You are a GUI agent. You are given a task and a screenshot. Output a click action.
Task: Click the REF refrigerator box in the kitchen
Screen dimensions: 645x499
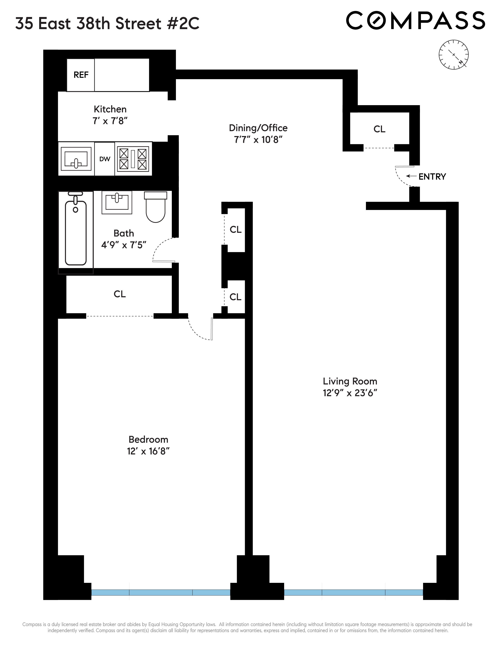coord(81,75)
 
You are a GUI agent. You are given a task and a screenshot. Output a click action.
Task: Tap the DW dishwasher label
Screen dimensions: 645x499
coord(105,159)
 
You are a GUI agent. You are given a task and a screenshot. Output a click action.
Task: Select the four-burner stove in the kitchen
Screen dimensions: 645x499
coord(133,159)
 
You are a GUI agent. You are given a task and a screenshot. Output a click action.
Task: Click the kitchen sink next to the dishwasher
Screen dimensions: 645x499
coord(76,159)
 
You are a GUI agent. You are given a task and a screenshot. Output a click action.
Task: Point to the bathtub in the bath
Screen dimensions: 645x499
coord(76,232)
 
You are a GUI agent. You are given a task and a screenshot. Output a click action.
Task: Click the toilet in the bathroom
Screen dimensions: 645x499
coord(156,207)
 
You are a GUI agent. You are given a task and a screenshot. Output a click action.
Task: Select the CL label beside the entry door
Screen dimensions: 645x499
coord(379,129)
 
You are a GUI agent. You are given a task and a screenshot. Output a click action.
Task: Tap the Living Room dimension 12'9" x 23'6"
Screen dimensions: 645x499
coord(350,393)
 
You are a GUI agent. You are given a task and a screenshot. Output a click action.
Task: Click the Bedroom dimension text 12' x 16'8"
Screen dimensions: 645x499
coord(148,451)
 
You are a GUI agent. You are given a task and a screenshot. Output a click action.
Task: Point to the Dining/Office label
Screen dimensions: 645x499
coord(258,128)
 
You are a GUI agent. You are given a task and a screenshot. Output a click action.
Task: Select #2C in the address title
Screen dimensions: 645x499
coord(183,24)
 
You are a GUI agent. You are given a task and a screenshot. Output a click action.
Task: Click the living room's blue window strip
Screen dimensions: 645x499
coord(353,592)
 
